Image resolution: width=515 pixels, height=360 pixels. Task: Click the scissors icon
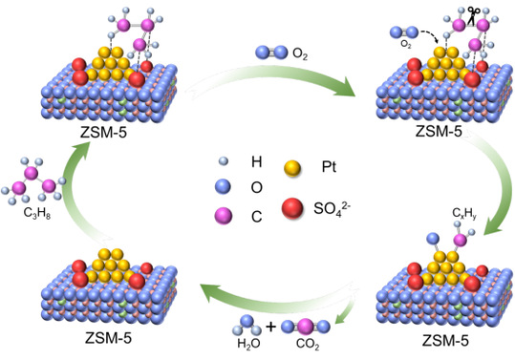point(472,15)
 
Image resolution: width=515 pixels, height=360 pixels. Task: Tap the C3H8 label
point(36,213)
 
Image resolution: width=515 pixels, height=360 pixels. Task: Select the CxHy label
point(464,213)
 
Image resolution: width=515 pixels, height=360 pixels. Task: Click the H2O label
point(248,344)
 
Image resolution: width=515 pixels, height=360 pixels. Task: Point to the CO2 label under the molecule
point(308,344)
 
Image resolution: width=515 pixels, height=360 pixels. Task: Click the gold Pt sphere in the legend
point(292,169)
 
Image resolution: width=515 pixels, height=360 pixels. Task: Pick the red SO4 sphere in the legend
point(292,208)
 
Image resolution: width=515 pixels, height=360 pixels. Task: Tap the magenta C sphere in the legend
point(223,216)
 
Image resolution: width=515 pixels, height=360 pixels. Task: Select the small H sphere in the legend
point(224,161)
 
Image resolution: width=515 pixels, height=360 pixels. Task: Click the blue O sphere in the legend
point(223,186)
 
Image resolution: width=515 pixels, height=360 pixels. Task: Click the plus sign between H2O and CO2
point(271,327)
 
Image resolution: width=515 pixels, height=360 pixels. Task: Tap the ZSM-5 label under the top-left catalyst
point(103,133)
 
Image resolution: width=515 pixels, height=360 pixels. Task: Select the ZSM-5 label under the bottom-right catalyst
point(445,340)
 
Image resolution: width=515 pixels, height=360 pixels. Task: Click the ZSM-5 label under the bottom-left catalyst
point(108,337)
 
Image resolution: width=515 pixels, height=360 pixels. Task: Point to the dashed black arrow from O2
point(430,34)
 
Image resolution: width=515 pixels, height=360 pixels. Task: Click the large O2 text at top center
point(300,53)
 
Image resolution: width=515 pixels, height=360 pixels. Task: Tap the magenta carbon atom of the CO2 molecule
point(306,327)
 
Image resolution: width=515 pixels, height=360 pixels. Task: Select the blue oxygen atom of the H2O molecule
point(247,322)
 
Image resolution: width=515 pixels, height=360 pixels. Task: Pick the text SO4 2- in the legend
point(332,208)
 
